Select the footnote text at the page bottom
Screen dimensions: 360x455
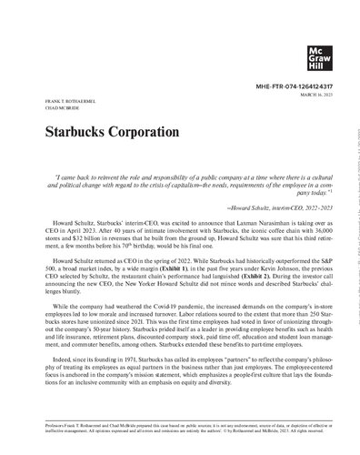click(180, 440)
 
